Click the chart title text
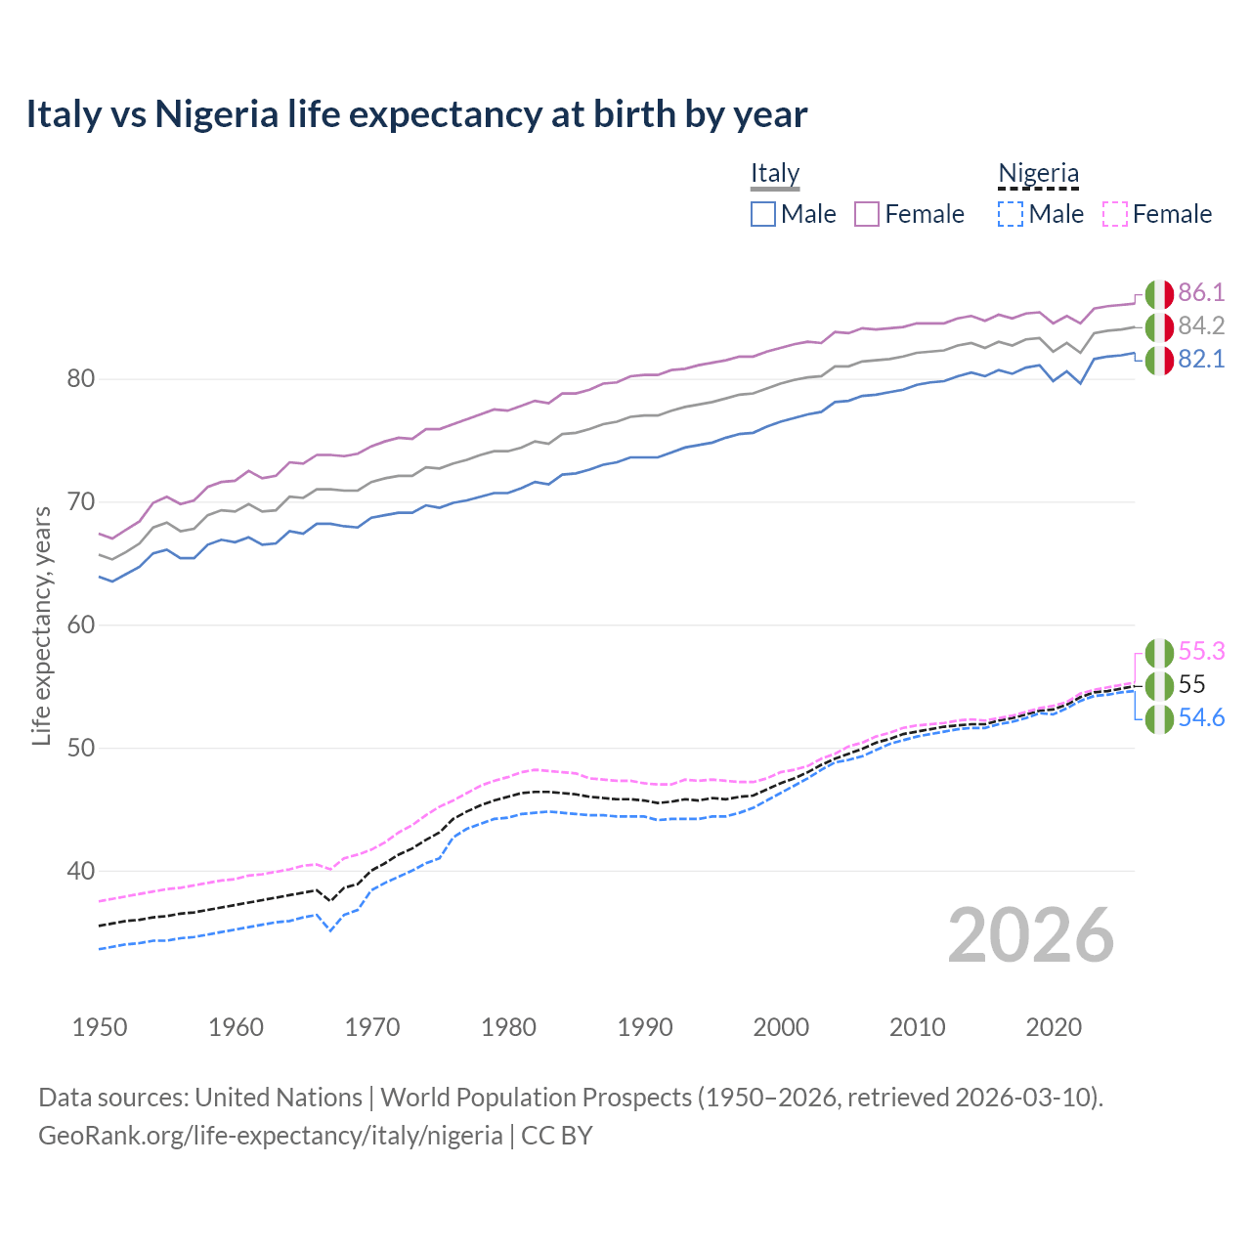(x=416, y=114)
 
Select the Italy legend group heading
(x=775, y=173)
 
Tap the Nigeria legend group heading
(x=1038, y=173)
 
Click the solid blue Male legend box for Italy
(x=763, y=214)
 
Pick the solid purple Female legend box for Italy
(x=867, y=214)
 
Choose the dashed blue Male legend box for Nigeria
(x=1011, y=214)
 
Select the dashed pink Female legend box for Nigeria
(x=1115, y=214)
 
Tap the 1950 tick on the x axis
(x=100, y=1027)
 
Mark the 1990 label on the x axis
(x=645, y=1027)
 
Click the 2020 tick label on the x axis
(x=1054, y=1027)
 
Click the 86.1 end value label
(x=1201, y=293)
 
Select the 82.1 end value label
(x=1201, y=360)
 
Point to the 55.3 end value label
(x=1201, y=652)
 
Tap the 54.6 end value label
(x=1201, y=718)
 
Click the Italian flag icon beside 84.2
(x=1159, y=326)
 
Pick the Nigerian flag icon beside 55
(x=1159, y=685)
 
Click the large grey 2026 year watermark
(x=1031, y=935)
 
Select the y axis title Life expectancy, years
(x=41, y=625)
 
